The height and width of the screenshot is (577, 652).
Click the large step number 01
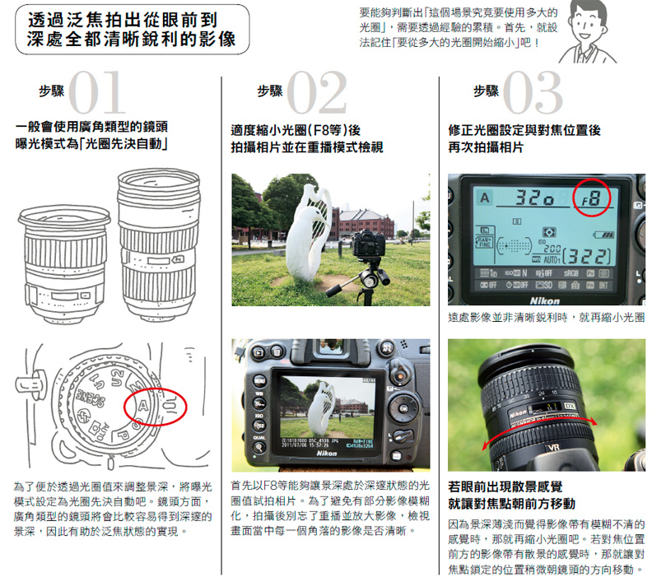(x=96, y=94)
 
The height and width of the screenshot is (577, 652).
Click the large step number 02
(x=317, y=94)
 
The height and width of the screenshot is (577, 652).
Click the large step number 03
(x=533, y=94)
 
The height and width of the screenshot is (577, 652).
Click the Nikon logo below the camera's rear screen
(x=327, y=454)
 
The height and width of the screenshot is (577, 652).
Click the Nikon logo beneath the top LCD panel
(x=545, y=300)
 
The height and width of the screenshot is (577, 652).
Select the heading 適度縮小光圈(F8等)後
(x=296, y=130)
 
